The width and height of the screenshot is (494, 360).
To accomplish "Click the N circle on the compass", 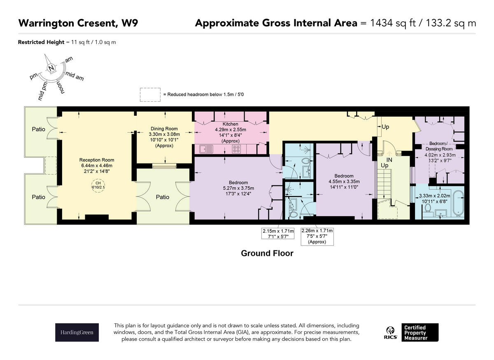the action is point(51,68).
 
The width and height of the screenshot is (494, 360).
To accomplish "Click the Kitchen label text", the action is point(230,124).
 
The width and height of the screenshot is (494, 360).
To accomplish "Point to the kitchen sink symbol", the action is point(206,149).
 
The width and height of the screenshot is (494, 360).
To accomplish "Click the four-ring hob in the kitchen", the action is point(236,149).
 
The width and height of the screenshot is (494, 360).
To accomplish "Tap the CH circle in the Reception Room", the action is point(98,185).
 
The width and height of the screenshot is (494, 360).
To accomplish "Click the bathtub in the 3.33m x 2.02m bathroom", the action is point(458,202).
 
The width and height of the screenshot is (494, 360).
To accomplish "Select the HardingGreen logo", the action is point(77,332).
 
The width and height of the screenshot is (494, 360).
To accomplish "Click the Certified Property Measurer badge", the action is point(420,332).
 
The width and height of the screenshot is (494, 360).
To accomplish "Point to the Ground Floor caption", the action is point(267,253).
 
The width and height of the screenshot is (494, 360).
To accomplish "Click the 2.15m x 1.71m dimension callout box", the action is point(278,234).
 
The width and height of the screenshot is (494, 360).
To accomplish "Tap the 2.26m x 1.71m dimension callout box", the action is point(317,236).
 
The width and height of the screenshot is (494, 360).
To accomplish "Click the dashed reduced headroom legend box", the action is point(150,95).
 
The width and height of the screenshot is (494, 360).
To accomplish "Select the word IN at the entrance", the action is point(389,159).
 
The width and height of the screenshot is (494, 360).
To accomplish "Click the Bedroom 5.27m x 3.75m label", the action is point(238,188).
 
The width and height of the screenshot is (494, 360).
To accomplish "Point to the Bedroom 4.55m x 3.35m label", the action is point(344,181).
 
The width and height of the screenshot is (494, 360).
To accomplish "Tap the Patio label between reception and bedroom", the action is point(163,197).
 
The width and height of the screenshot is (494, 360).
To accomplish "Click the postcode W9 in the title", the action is point(130,23).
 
